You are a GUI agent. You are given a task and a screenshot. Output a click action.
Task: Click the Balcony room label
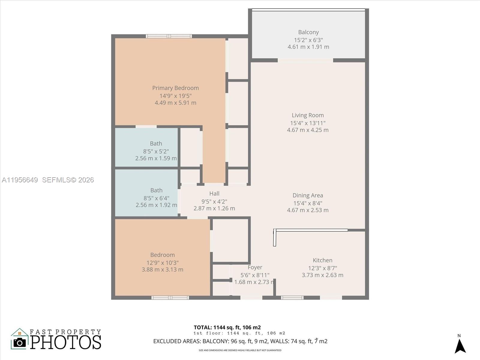point(308,32)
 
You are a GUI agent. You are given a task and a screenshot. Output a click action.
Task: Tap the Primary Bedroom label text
point(175,88)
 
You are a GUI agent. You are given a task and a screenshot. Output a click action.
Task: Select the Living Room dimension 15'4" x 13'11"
point(307,123)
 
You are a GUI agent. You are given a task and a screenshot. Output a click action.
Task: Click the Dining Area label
point(307,195)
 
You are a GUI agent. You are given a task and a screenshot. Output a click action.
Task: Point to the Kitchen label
point(322,260)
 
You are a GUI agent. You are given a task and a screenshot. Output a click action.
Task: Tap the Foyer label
point(255,267)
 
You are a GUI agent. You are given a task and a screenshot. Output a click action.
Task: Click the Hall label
point(214,194)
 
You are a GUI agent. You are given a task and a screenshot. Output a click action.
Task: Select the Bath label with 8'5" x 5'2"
point(156,144)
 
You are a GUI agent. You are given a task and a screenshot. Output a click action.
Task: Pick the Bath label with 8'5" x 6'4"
point(156,190)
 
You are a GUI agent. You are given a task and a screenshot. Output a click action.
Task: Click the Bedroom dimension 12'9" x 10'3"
point(162,262)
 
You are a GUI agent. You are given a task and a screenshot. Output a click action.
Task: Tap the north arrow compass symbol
point(460,346)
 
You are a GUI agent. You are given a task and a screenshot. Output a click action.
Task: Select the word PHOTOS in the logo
point(65,342)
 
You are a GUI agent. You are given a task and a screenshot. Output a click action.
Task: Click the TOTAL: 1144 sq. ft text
point(227,327)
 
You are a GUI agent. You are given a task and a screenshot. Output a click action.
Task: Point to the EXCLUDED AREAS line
point(240,341)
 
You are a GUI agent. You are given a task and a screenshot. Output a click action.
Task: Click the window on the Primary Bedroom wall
point(169,36)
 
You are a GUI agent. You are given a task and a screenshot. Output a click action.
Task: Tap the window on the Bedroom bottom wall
point(170,298)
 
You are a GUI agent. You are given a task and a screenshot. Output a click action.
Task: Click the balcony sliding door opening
point(305,61)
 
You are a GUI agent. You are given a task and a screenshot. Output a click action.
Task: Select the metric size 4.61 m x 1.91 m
point(308,47)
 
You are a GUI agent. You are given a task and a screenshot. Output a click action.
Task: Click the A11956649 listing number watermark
point(20,180)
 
